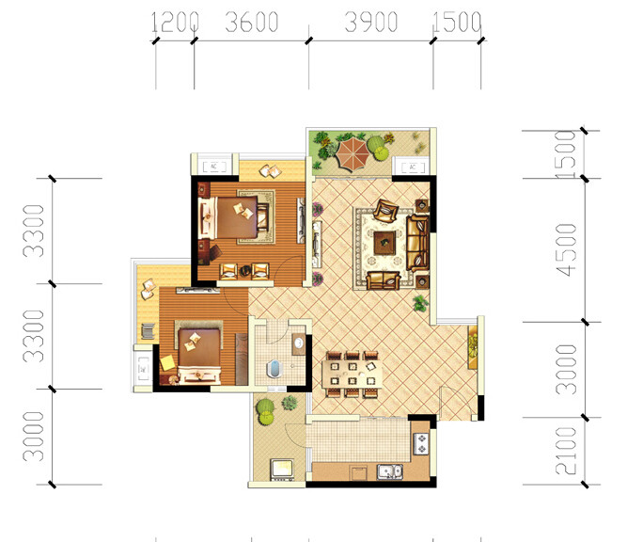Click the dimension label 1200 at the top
pyautogui.click(x=175, y=22)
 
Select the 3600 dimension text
pyautogui.click(x=252, y=22)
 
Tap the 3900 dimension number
pyautogui.click(x=371, y=22)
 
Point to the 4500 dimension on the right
pyautogui.click(x=567, y=250)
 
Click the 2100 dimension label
pyautogui.click(x=567, y=451)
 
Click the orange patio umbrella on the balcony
pyautogui.click(x=353, y=153)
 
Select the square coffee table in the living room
pyautogui.click(x=384, y=243)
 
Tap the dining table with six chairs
pyautogui.click(x=352, y=374)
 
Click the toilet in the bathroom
pyautogui.click(x=274, y=369)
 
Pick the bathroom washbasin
pyautogui.click(x=298, y=343)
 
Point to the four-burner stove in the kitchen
pyautogui.click(x=421, y=443)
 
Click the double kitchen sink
pyautogui.click(x=390, y=471)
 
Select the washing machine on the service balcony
pyautogui.click(x=282, y=470)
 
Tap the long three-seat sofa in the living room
pyautogui.click(x=417, y=243)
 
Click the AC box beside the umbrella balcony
pyautogui.click(x=413, y=167)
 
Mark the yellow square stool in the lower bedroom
pyautogui.click(x=167, y=363)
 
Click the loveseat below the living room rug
pyautogui.click(x=384, y=280)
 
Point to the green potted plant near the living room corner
pyautogui.click(x=421, y=303)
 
